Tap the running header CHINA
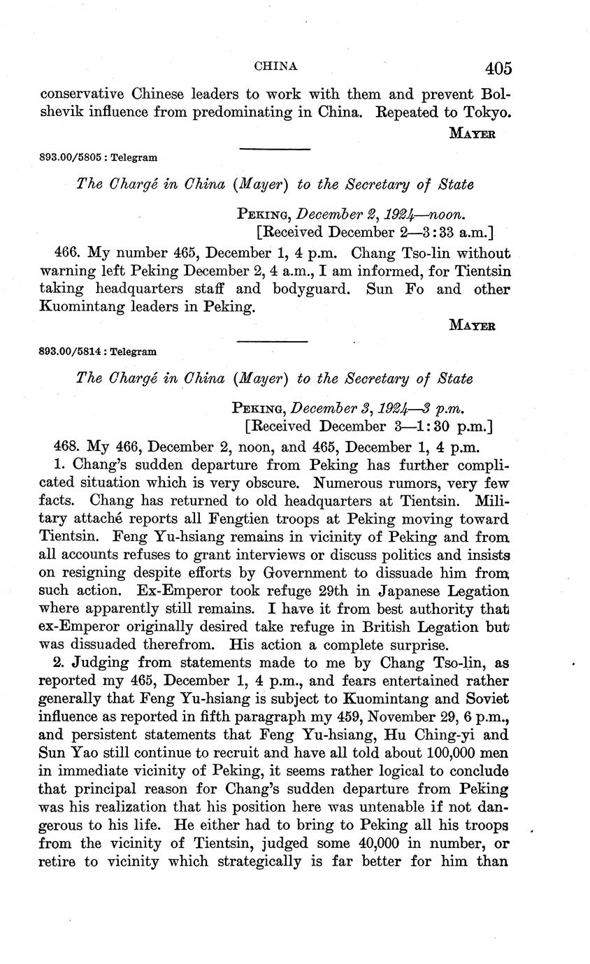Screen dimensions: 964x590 [x=275, y=66]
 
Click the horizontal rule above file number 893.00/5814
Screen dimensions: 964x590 [x=273, y=341]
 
